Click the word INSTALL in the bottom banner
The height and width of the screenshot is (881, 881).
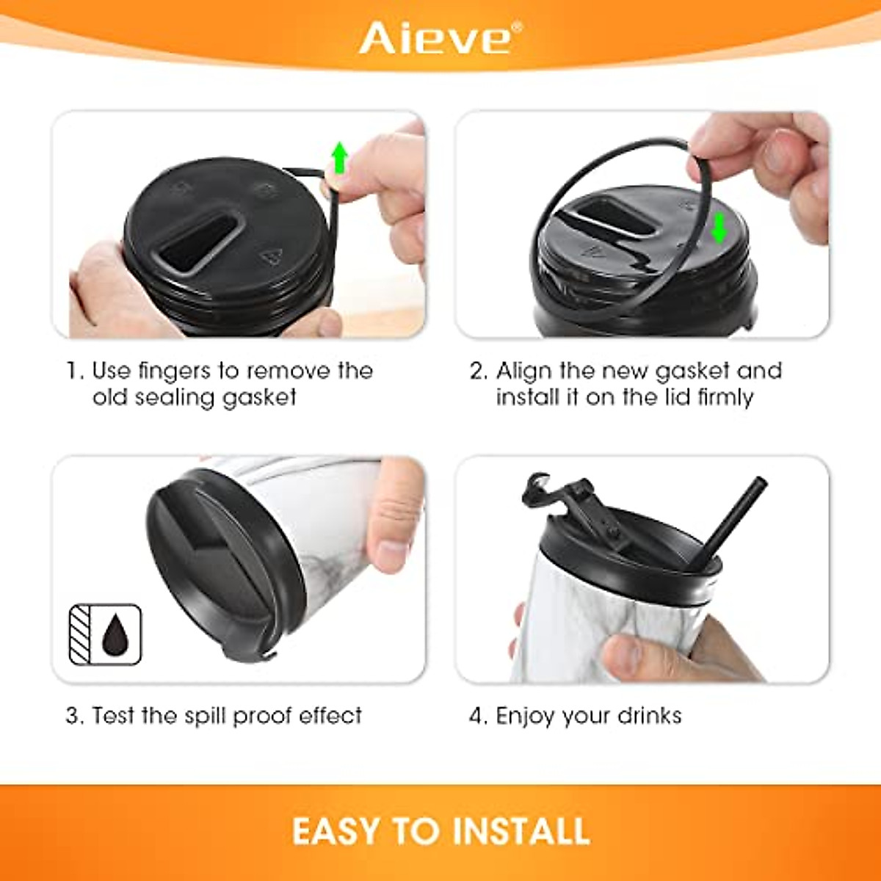pos(521,831)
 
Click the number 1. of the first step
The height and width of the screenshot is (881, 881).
pos(76,371)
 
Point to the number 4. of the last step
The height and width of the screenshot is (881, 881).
pos(478,716)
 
